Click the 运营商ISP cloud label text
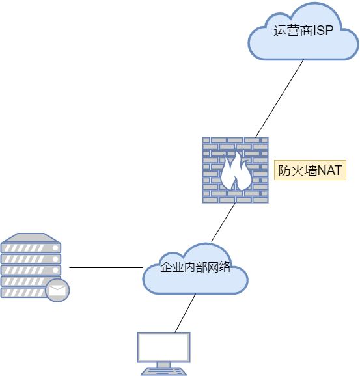303,31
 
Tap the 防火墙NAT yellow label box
310,170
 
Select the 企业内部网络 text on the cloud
195,267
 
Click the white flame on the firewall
236,170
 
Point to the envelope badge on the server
57,290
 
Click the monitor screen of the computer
163,347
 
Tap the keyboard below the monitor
163,371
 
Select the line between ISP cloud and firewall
279,98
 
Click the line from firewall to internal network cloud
223,222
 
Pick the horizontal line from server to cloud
106,267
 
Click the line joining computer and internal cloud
186,313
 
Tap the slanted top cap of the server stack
31,238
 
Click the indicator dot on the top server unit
55,248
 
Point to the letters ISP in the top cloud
324,31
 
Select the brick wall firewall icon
235,170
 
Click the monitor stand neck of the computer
163,364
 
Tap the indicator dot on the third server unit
55,270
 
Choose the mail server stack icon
35,267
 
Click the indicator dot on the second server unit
55,259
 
